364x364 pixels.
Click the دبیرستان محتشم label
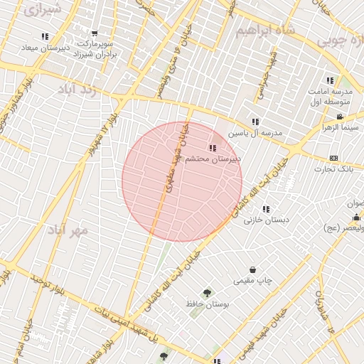coord(213,160)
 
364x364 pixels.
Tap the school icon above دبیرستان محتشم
coord(213,148)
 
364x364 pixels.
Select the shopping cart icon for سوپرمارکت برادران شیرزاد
coord(95,33)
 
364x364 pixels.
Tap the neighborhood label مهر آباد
coord(67,230)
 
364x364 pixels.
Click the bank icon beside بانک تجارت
coord(333,157)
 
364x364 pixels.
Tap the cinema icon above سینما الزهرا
coord(340,117)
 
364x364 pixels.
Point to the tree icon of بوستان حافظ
coord(207,292)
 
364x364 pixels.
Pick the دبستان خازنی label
coord(267,220)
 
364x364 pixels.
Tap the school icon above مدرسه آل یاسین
coord(255,122)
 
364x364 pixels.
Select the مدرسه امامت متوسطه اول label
coord(328,97)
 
